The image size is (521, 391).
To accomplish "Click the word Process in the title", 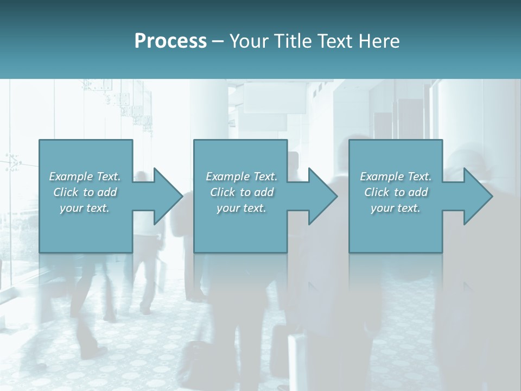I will [170, 41].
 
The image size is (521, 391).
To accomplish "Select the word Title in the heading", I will [293, 41].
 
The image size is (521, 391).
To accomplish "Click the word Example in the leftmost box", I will [71, 176].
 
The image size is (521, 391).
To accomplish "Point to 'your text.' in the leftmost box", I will [85, 208].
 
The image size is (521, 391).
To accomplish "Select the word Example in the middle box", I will [227, 176].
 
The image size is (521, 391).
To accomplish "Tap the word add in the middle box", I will [263, 192].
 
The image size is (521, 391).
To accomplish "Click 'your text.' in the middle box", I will [241, 208].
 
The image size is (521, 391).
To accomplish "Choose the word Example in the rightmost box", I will [382, 176].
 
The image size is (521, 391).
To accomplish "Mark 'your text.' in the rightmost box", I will [396, 208].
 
